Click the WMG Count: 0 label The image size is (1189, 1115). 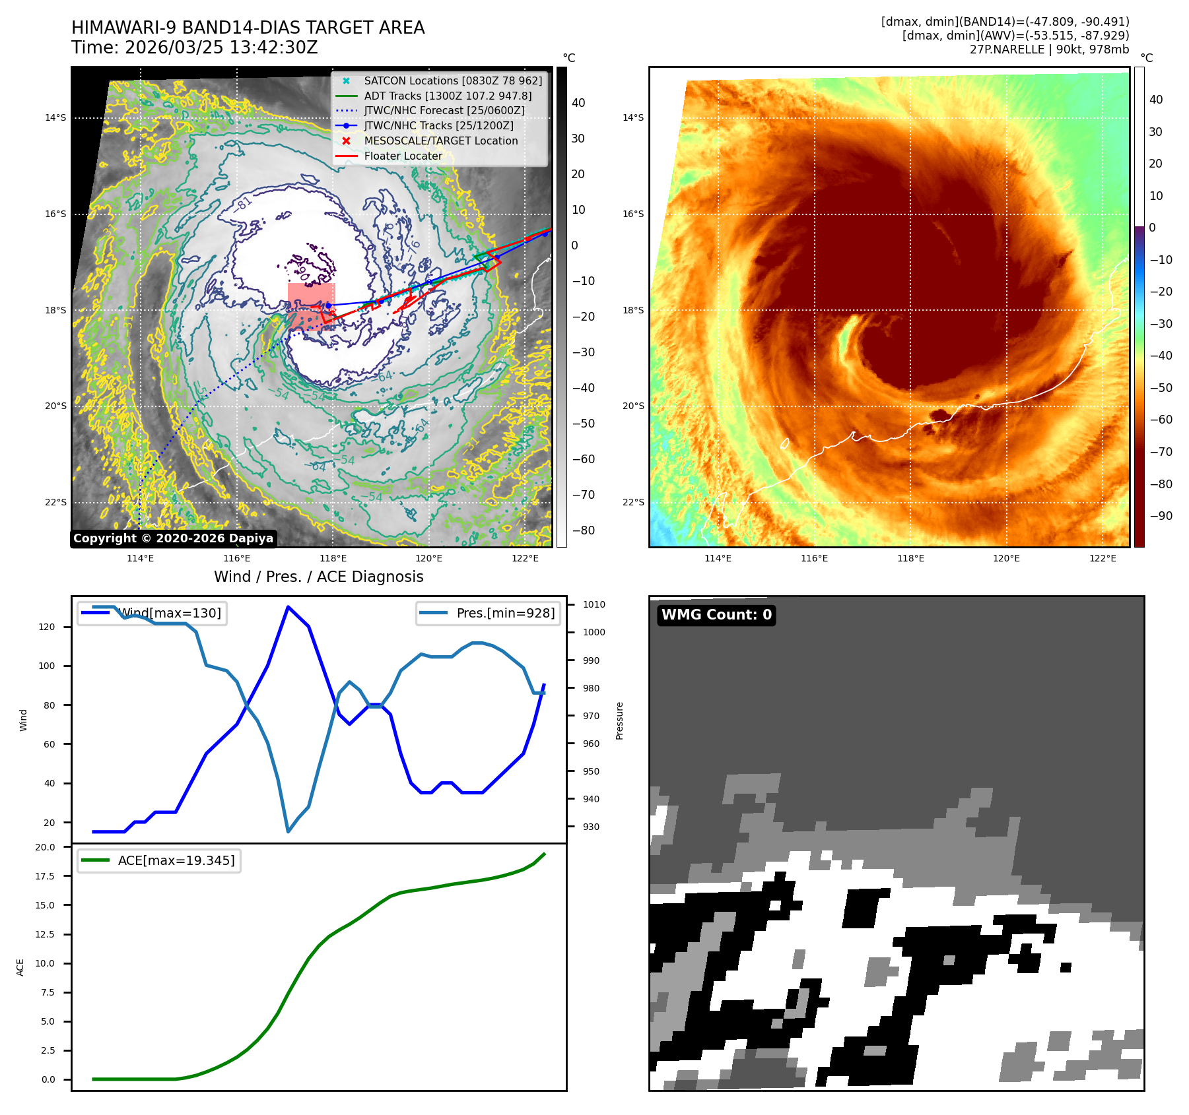(x=716, y=615)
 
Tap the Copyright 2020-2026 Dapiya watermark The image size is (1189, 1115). (x=173, y=538)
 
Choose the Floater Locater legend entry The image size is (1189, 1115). (x=403, y=156)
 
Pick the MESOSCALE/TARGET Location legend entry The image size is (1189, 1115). (x=440, y=141)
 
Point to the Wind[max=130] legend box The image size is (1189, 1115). (x=152, y=613)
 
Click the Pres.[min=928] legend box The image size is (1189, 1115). (x=488, y=613)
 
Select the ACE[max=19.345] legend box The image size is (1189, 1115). (x=159, y=860)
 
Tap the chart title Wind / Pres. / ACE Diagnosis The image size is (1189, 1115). (x=319, y=577)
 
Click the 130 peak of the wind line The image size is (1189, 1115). (x=288, y=607)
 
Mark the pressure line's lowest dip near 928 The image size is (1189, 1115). (x=288, y=831)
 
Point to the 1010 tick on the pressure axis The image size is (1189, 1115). (x=594, y=604)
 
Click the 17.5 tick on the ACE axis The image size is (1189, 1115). (x=46, y=876)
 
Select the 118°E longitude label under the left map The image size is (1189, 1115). (x=333, y=558)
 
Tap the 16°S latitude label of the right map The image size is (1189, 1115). (x=633, y=214)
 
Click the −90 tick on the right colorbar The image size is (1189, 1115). (x=1161, y=516)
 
